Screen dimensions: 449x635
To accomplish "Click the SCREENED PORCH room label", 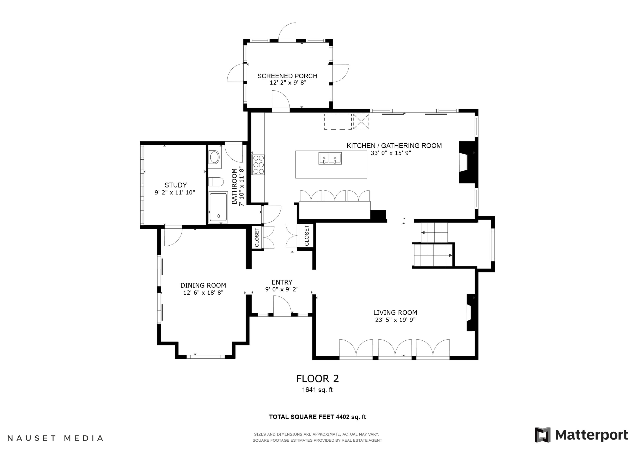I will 287,76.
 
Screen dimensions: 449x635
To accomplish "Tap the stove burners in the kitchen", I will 258,165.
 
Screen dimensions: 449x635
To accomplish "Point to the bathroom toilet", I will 216,182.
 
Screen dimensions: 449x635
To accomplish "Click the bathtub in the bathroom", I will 218,207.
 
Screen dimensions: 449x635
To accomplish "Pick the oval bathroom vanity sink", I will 215,158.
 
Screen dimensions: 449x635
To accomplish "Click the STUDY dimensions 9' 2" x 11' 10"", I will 175,193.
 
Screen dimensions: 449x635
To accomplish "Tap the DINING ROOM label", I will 203,285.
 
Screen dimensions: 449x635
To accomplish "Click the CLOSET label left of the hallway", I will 257,237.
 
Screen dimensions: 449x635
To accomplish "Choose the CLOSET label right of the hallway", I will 306,235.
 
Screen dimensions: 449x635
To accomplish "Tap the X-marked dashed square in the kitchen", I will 361,122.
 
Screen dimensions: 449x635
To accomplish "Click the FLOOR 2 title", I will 317,379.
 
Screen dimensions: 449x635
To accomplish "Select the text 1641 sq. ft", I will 317,390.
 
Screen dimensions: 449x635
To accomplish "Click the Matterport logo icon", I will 542,435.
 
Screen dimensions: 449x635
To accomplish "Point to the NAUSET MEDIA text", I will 55,438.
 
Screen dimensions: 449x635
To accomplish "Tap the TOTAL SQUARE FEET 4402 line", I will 317,417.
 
